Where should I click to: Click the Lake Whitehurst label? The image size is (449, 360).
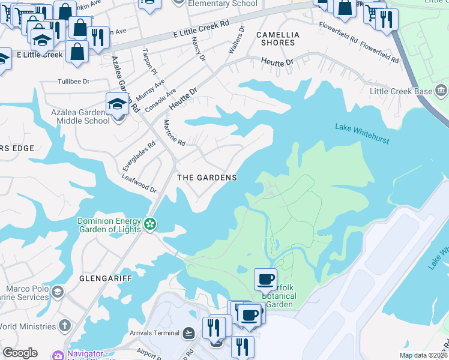coord(362,134)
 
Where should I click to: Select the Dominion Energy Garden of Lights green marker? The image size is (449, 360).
coord(150,224)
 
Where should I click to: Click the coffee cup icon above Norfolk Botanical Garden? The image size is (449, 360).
coord(265,279)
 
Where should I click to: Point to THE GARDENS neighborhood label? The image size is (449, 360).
coord(206,178)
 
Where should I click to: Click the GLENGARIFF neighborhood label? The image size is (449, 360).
coord(100,279)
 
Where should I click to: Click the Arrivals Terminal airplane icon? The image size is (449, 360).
coord(189,332)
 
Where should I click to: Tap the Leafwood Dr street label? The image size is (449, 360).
coord(139,183)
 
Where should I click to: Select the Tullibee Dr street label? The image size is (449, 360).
coord(73,82)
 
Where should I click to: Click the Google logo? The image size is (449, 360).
coord(19,353)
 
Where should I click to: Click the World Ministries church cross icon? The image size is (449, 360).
coord(65,325)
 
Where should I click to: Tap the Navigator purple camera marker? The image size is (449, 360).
coord(58,355)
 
